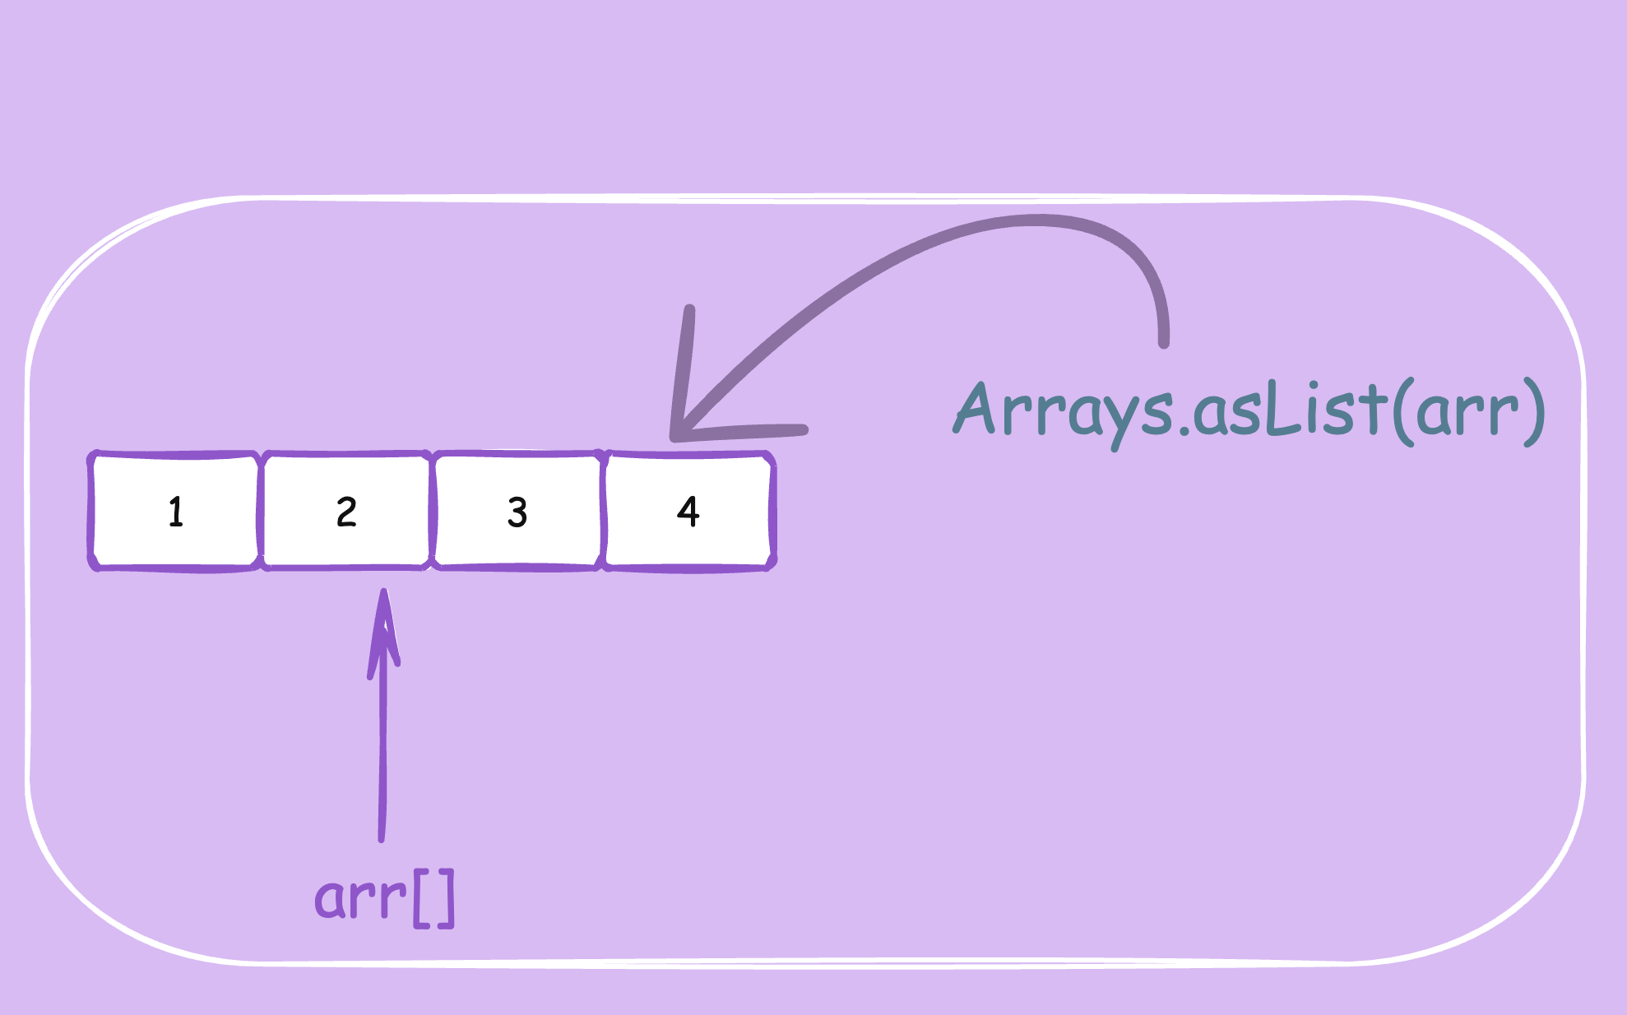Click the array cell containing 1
tap(175, 511)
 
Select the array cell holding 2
tap(346, 511)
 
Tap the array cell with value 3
tap(517, 511)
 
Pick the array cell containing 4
tap(688, 511)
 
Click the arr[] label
tap(384, 898)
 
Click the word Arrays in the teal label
tap(1064, 410)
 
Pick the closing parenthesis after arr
tap(1534, 411)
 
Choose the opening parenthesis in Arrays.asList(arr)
tap(1405, 411)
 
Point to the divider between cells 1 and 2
tap(261, 511)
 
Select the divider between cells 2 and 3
tap(432, 511)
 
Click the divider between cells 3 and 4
tap(603, 511)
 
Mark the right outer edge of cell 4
tap(772, 511)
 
